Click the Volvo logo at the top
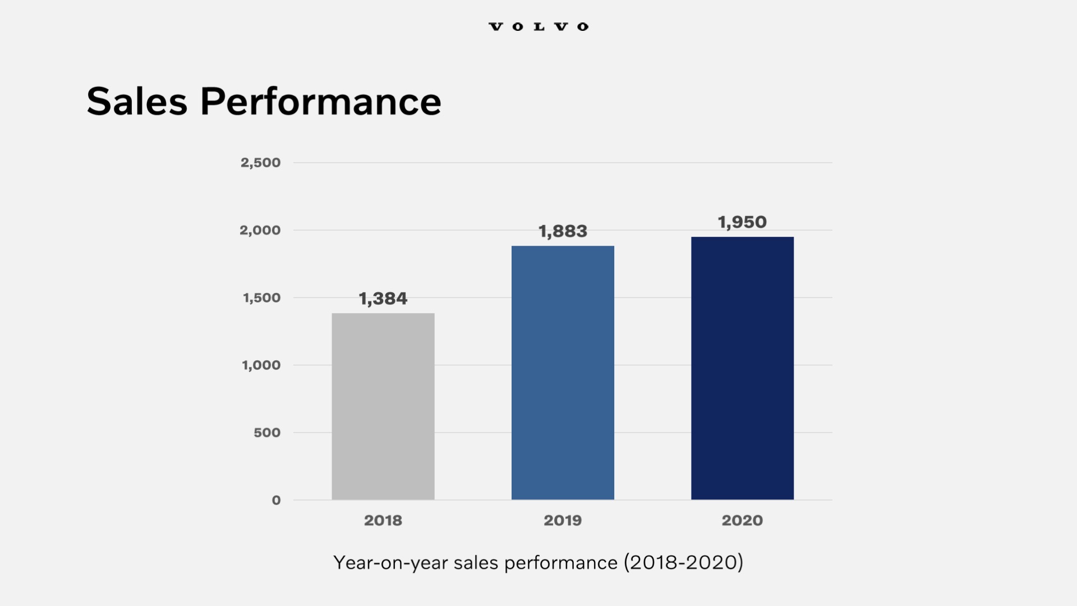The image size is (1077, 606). point(538,26)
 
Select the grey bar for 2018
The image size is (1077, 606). point(383,406)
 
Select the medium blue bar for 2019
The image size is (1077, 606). point(563,373)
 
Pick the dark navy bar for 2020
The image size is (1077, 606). point(742,368)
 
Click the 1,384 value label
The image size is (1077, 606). point(383,299)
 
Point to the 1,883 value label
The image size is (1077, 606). point(563,231)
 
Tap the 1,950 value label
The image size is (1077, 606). point(742,222)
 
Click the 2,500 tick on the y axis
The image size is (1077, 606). point(260,163)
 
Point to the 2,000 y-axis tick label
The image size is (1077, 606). point(260,230)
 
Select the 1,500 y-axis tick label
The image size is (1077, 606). point(261,298)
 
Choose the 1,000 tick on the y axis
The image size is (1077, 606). point(261,365)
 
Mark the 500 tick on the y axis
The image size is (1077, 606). point(267,433)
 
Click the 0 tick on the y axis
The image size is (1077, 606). point(276,500)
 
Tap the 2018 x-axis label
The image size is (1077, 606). point(383,520)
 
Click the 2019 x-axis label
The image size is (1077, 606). point(563,520)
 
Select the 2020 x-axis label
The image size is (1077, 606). point(742,520)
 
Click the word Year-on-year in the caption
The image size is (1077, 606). point(390,562)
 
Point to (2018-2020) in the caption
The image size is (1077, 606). point(683,562)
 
